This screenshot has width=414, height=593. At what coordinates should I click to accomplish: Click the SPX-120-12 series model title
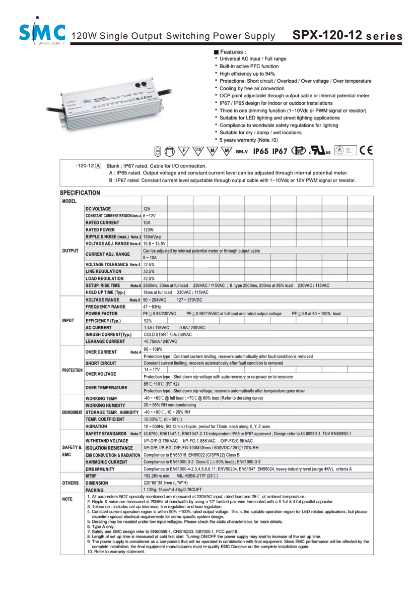348,36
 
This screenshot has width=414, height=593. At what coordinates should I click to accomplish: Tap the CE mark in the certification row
366,150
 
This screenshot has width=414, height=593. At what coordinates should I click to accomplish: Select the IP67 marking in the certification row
280,151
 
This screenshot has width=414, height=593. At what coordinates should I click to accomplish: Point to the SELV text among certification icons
242,151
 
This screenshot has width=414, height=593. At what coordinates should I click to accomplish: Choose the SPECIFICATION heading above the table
80,193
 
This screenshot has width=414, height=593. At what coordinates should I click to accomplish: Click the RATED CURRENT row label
102,222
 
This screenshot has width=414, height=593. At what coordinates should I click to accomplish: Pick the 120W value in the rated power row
149,229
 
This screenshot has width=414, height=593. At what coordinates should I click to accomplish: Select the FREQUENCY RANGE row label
106,307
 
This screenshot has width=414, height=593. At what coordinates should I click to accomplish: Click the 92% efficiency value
148,321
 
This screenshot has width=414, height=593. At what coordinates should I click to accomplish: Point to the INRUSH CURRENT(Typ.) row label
108,335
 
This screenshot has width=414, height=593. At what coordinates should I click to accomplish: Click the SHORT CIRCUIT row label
101,363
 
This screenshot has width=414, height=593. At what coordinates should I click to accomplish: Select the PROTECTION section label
72,370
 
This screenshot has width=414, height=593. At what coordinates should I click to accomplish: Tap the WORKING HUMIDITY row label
106,405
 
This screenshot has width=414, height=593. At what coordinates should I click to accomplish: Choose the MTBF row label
91,476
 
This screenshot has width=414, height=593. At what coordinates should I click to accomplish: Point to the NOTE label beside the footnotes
67,499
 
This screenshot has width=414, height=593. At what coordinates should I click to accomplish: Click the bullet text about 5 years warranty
248,140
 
